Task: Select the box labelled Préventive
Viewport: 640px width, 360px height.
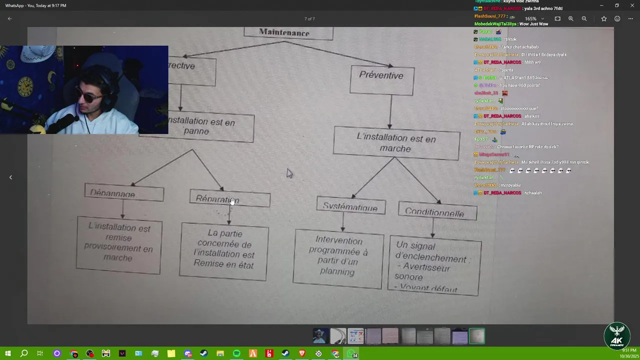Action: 381,76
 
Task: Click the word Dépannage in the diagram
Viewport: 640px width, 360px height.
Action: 113,194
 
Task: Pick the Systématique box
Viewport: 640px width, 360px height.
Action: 350,206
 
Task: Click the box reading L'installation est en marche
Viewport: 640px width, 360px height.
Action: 396,143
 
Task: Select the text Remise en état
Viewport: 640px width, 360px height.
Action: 223,265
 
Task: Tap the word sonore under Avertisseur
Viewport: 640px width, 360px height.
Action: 409,277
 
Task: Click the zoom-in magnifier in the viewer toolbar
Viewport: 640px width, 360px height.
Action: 571,18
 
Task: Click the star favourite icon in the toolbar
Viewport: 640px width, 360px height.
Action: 604,18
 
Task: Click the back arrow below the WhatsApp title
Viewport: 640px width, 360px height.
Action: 9,18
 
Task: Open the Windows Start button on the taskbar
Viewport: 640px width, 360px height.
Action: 8,353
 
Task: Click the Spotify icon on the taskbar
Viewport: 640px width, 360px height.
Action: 236,353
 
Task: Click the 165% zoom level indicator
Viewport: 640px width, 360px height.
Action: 531,18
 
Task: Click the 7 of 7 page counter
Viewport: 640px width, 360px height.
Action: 309,18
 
